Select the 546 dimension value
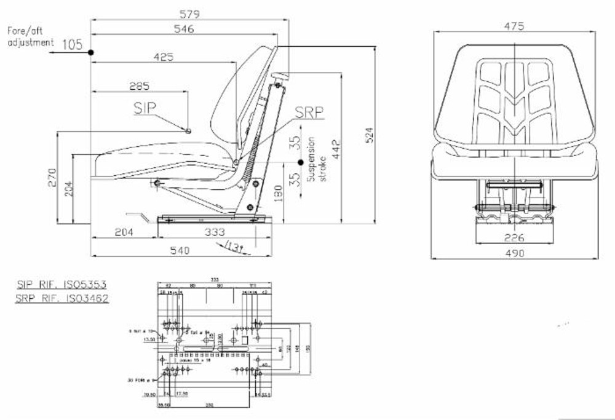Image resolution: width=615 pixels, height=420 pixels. (x=184, y=29)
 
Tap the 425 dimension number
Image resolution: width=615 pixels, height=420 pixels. (x=163, y=57)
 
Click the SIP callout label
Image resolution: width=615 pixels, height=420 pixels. (x=145, y=108)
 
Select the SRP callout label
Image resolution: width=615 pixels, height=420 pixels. (x=309, y=112)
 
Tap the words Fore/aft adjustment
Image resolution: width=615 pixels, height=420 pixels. (x=29, y=36)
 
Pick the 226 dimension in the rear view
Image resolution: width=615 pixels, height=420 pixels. (x=514, y=237)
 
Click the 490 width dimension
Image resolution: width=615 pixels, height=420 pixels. (x=514, y=253)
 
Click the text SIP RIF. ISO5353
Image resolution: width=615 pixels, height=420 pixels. (x=61, y=285)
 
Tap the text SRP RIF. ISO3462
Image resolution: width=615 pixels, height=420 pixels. (x=61, y=298)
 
